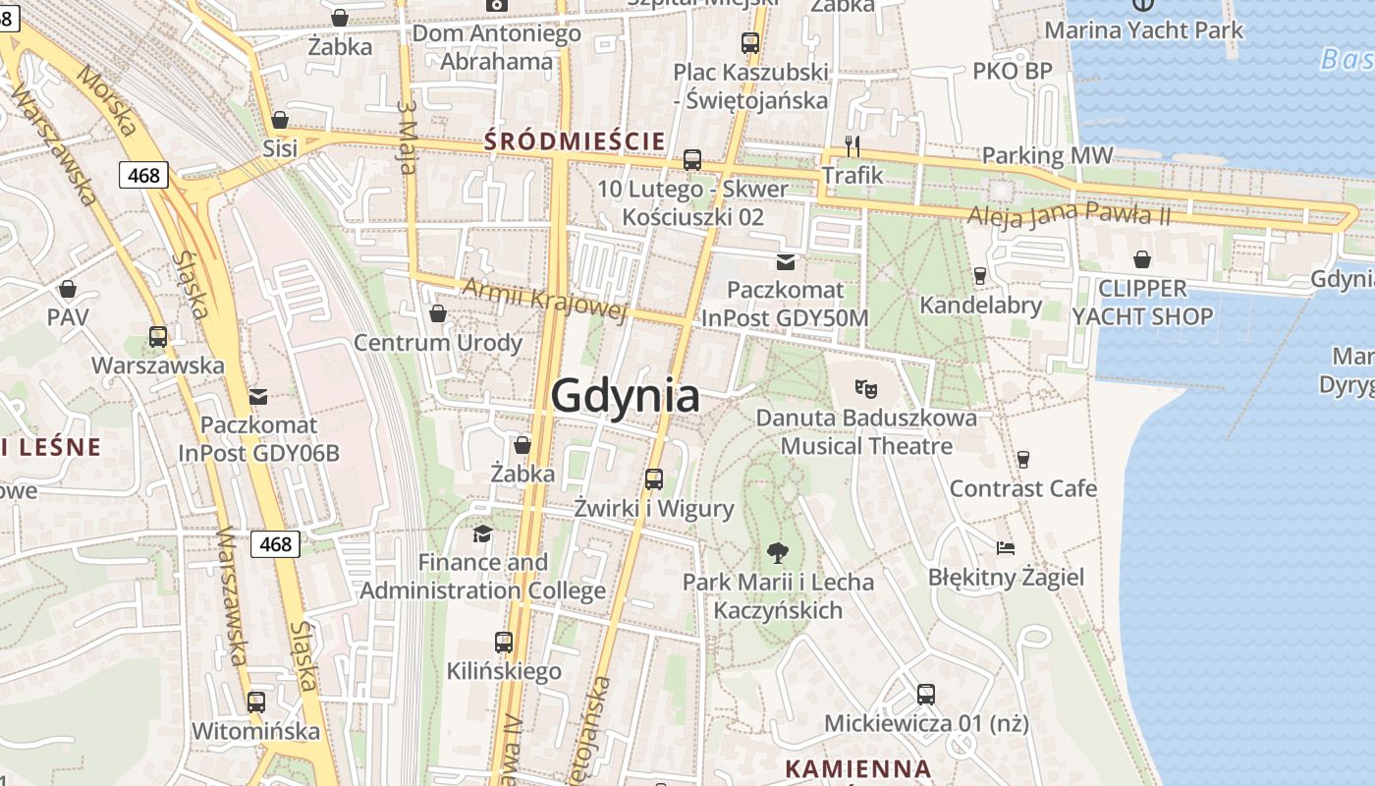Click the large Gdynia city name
(625, 395)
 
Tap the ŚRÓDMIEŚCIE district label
(575, 141)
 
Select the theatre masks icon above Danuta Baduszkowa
(865, 388)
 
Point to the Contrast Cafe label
(1022, 487)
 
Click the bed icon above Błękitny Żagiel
(1005, 547)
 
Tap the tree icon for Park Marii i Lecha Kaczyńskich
(777, 552)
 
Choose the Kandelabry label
(980, 305)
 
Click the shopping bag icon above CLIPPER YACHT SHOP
(1141, 259)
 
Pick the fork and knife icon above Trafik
(852, 146)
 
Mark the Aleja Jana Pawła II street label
(1069, 214)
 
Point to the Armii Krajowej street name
(543, 299)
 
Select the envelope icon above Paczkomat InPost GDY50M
(785, 261)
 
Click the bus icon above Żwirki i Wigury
(653, 479)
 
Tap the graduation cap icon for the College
(482, 533)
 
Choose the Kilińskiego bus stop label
(504, 671)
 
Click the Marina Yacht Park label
(1143, 30)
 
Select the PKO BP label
(1012, 71)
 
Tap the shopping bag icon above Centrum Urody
(437, 313)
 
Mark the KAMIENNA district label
(857, 768)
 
